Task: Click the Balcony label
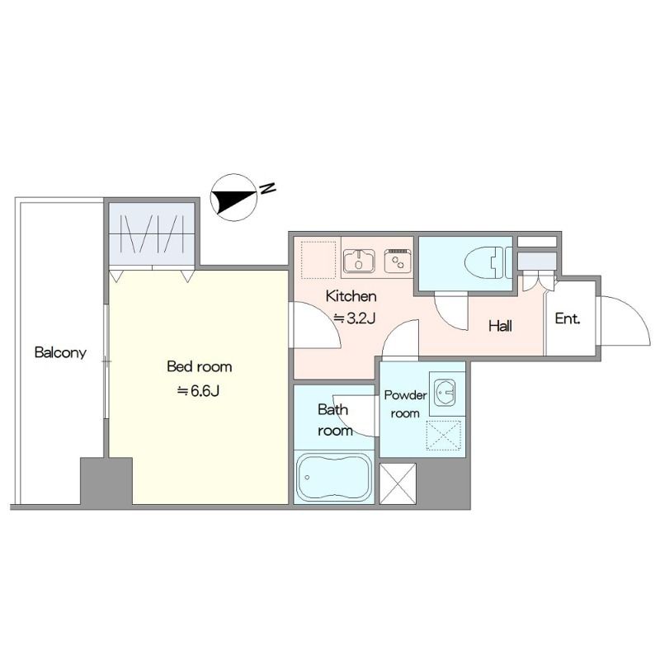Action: [x=60, y=352]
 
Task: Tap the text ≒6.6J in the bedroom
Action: [x=198, y=391]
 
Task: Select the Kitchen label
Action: [x=351, y=296]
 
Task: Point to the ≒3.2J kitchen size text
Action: [x=354, y=318]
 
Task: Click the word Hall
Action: [x=500, y=326]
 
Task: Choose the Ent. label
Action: [x=568, y=318]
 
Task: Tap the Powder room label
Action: [x=405, y=404]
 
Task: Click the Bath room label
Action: [x=335, y=420]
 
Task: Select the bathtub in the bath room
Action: [x=334, y=478]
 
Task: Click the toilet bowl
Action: [x=484, y=262]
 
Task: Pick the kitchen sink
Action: [x=359, y=261]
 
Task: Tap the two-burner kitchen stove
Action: [x=398, y=261]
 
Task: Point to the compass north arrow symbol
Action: [x=233, y=197]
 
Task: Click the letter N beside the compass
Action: [x=267, y=188]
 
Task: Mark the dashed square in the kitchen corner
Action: [x=318, y=260]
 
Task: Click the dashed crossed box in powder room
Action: [x=444, y=435]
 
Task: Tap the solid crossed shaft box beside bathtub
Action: [x=398, y=483]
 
